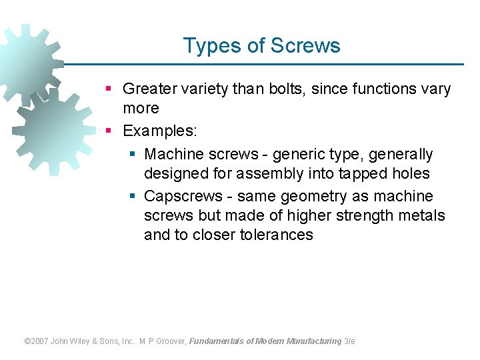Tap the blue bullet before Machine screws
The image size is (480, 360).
tap(133, 154)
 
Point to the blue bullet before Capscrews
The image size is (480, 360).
tap(133, 196)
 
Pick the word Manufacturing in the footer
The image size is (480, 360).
tap(313, 341)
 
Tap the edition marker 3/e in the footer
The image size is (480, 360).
tap(349, 341)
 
